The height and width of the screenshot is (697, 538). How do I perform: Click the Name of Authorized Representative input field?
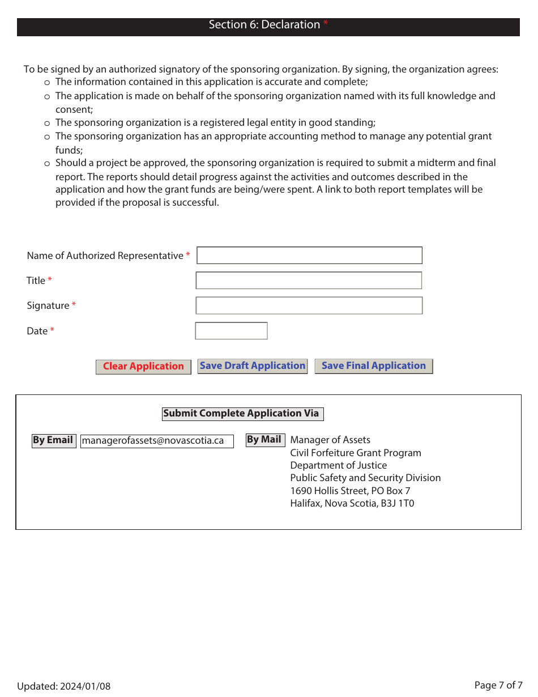(x=309, y=256)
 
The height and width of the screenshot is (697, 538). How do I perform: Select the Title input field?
(x=309, y=280)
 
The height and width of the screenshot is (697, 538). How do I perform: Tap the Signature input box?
(x=309, y=305)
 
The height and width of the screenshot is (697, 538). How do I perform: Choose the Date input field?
(x=231, y=331)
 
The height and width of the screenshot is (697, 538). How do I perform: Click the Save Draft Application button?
(x=253, y=366)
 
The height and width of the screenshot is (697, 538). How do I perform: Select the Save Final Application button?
(x=374, y=366)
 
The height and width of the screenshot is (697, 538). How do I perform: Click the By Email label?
(x=53, y=440)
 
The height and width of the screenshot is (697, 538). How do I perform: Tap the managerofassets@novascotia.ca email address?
(x=157, y=441)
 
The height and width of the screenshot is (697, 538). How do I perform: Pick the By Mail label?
(x=264, y=440)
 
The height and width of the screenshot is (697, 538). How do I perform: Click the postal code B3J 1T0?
(x=399, y=503)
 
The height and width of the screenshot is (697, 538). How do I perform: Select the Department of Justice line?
(x=338, y=465)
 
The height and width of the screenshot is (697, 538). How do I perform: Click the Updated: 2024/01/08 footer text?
(x=64, y=686)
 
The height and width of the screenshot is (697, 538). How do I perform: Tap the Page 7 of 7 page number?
(x=498, y=685)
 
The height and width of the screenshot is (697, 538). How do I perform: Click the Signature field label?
(x=48, y=305)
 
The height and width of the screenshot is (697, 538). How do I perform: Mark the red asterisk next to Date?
(x=52, y=330)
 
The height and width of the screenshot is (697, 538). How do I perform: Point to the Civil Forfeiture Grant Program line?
(x=356, y=453)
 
